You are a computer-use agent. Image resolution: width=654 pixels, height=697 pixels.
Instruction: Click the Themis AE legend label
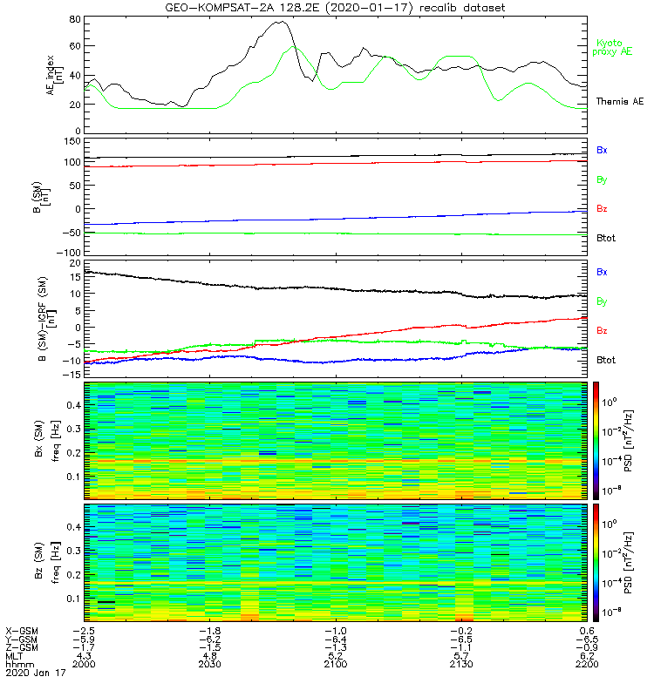pos(618,102)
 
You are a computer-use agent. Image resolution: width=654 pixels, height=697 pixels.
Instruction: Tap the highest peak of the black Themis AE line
pos(282,22)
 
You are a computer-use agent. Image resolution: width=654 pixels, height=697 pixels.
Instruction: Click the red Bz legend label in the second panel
pos(602,209)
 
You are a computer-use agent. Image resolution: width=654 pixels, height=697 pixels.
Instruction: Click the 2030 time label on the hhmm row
pos(209,665)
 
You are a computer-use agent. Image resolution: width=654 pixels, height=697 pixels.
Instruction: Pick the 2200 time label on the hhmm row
pos(587,665)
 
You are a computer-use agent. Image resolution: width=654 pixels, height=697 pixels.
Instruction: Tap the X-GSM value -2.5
pos(83,630)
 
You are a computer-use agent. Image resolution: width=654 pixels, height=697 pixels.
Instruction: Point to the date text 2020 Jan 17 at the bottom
pos(35,673)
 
